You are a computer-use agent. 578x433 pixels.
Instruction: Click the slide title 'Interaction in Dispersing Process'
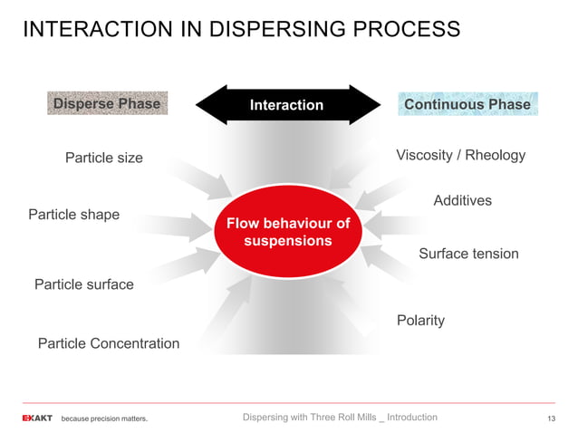click(241, 29)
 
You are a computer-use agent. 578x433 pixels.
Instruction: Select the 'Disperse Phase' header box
click(106, 103)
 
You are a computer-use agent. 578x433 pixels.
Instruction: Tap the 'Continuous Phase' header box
click(467, 104)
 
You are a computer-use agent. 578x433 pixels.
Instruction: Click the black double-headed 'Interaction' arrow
click(286, 105)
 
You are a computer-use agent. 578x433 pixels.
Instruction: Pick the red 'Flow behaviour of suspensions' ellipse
click(287, 232)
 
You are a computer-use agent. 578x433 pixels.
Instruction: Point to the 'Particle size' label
click(103, 158)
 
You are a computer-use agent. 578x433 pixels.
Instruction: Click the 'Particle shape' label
click(73, 215)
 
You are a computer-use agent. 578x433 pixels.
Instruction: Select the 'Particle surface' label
click(83, 284)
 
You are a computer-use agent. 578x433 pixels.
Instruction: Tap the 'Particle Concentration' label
click(108, 343)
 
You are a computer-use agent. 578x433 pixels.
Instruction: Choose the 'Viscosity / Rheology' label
click(460, 155)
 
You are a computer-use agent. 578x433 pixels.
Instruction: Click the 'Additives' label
click(462, 200)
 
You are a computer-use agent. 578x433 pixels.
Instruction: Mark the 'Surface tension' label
click(468, 254)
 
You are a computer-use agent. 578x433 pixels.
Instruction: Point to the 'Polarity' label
click(420, 320)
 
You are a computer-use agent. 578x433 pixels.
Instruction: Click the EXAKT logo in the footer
click(37, 418)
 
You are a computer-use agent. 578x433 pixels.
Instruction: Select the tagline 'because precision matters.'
click(104, 419)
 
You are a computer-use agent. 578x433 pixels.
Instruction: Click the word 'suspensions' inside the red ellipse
click(287, 242)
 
